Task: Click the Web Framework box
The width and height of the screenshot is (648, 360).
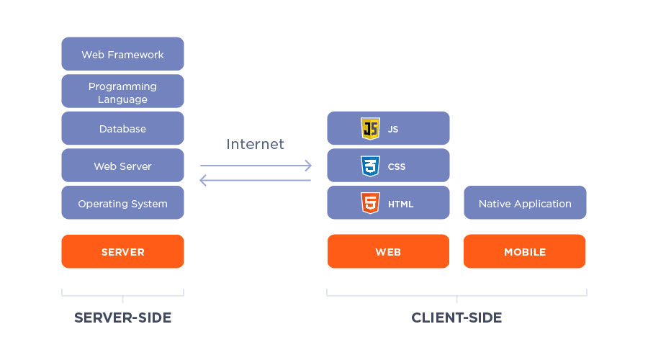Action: click(122, 54)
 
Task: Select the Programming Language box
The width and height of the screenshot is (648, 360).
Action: click(122, 91)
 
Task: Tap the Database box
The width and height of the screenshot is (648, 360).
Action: click(122, 129)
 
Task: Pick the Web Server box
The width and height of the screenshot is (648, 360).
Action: click(122, 166)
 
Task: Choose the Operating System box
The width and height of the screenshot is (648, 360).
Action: click(122, 204)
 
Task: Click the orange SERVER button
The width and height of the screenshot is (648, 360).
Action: click(122, 252)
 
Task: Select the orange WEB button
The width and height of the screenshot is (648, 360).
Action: click(388, 252)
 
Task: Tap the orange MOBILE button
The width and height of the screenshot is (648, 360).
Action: click(524, 252)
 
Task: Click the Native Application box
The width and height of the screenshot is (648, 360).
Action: click(525, 204)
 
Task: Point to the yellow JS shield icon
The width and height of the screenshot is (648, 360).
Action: click(370, 129)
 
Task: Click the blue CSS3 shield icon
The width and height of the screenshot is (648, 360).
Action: click(370, 166)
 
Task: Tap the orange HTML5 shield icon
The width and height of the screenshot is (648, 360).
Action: click(370, 204)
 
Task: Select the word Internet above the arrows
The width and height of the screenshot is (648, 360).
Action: click(255, 144)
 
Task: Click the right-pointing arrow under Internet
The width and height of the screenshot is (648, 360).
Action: click(255, 166)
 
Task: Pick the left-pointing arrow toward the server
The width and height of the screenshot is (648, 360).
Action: click(255, 180)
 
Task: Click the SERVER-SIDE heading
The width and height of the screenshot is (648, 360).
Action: click(122, 318)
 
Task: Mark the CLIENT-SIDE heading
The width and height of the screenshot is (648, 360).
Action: click(456, 318)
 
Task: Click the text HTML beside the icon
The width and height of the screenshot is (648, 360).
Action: click(400, 204)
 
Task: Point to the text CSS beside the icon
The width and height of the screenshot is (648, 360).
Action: click(397, 167)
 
